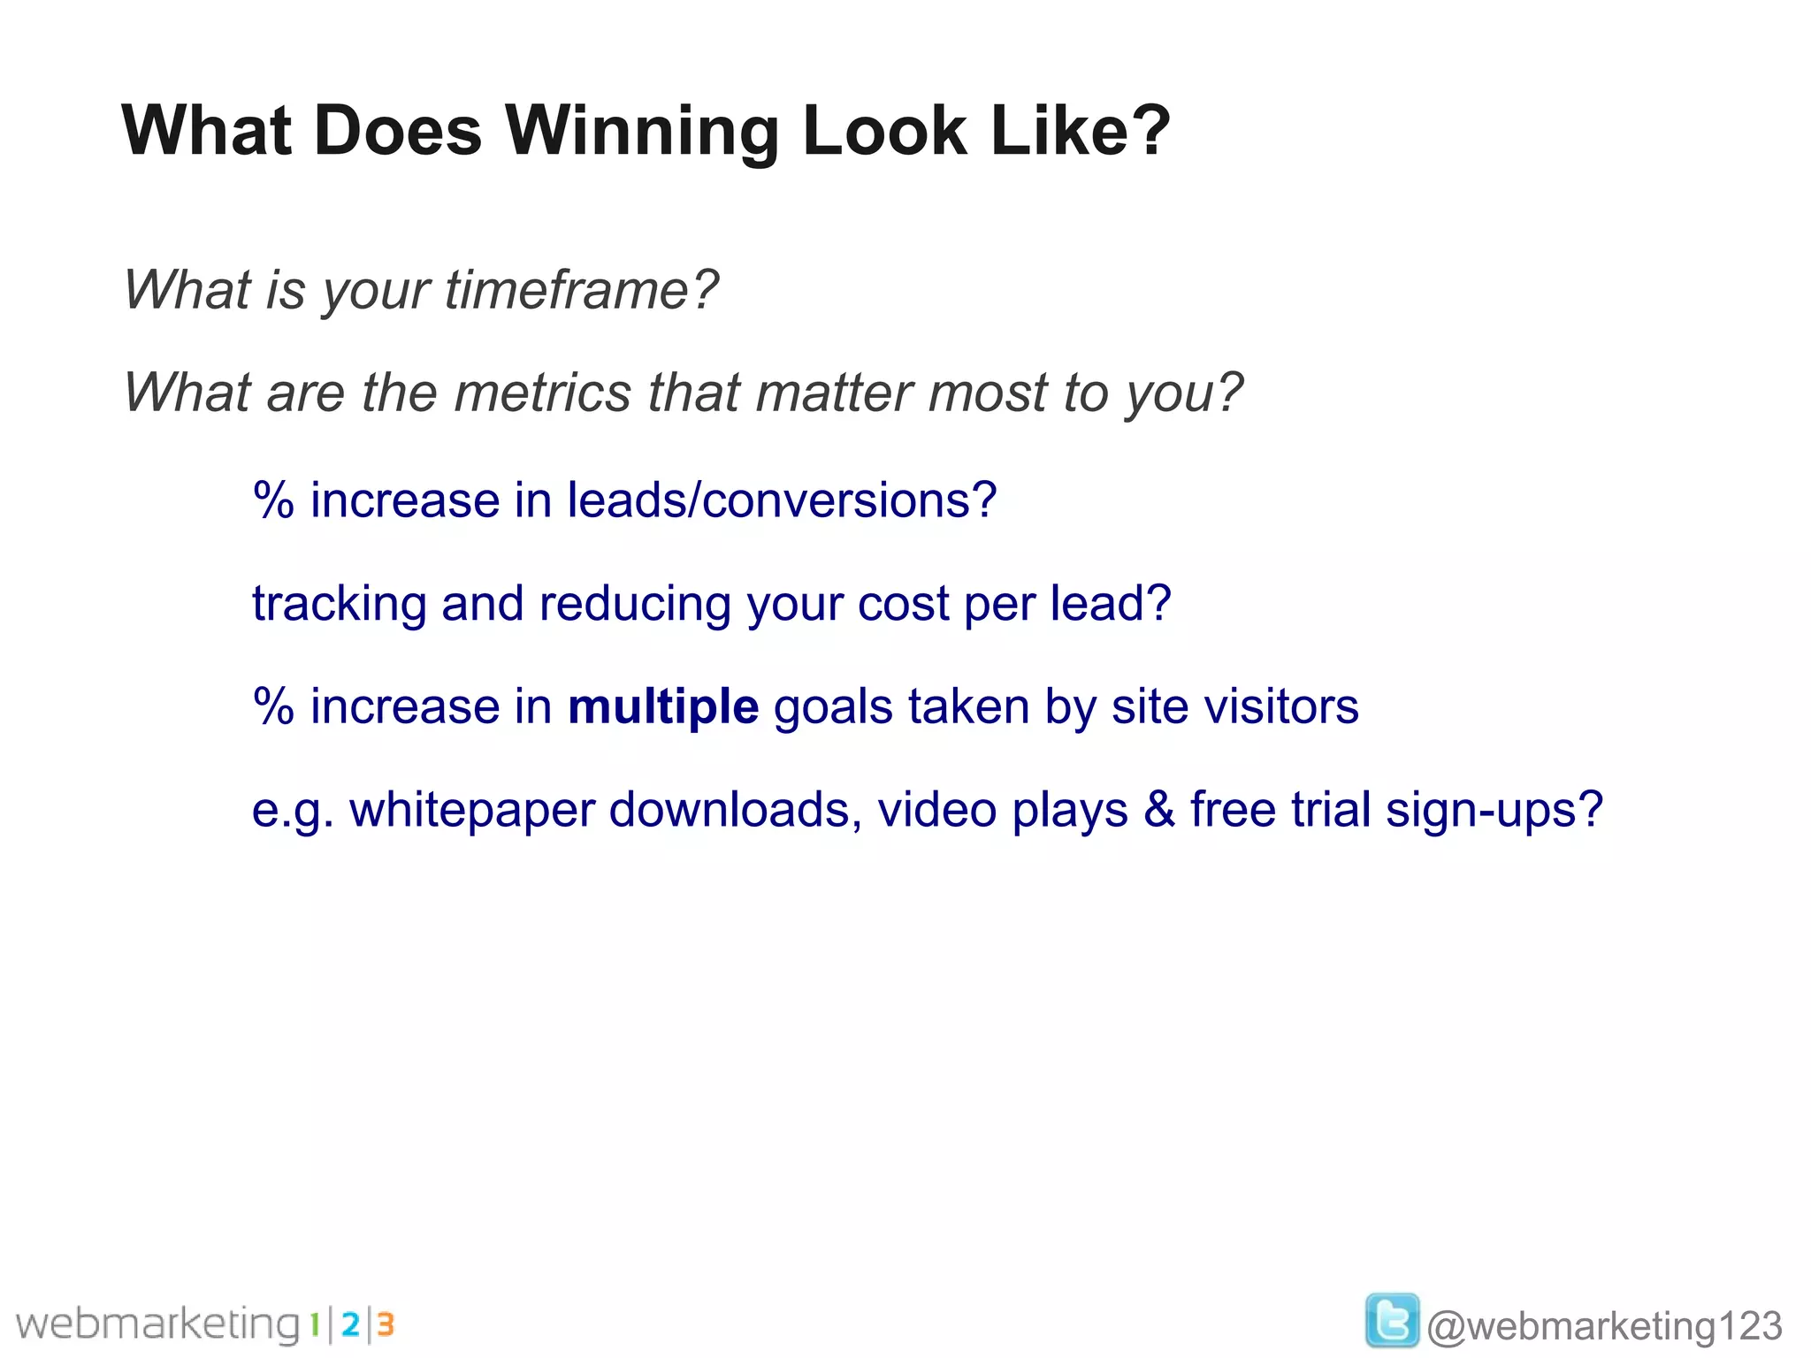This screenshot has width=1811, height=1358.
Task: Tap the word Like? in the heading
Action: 1081,131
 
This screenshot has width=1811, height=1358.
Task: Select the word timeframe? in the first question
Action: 581,290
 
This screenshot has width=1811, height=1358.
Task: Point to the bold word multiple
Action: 663,707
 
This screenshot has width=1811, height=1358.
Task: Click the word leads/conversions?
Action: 782,500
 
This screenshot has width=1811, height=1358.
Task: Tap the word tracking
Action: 339,605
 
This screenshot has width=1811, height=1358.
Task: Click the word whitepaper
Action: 471,811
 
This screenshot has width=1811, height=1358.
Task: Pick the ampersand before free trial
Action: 1159,810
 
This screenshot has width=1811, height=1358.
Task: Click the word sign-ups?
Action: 1494,811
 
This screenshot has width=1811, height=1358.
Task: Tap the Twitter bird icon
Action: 1392,1321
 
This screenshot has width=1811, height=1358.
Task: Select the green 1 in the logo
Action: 314,1324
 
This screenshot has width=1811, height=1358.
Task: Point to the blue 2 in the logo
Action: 350,1324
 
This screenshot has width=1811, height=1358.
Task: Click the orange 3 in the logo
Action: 386,1324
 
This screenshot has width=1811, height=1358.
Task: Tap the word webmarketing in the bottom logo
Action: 159,1324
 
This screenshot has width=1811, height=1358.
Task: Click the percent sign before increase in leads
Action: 273,500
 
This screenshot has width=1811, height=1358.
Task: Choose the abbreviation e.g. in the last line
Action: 293,811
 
